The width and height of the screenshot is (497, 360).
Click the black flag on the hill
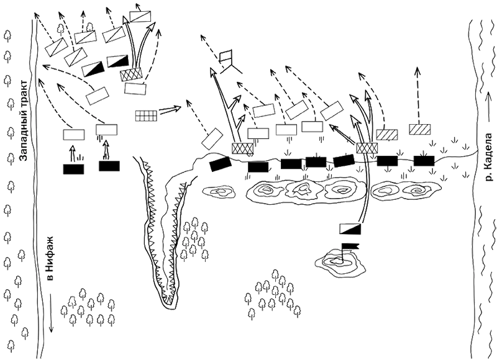(x=350, y=246)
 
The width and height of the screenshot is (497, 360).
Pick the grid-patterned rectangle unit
(x=146, y=115)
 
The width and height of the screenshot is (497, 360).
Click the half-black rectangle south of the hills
(x=350, y=228)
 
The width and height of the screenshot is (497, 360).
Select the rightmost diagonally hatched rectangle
(x=420, y=129)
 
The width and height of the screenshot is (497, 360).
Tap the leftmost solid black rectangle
(x=73, y=169)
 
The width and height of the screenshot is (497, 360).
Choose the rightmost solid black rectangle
(x=424, y=161)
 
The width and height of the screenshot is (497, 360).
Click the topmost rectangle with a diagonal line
(x=140, y=17)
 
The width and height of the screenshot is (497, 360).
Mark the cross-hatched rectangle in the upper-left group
(x=130, y=74)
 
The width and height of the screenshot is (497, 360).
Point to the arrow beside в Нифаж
(x=51, y=312)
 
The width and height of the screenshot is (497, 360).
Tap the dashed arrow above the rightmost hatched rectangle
(x=418, y=95)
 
